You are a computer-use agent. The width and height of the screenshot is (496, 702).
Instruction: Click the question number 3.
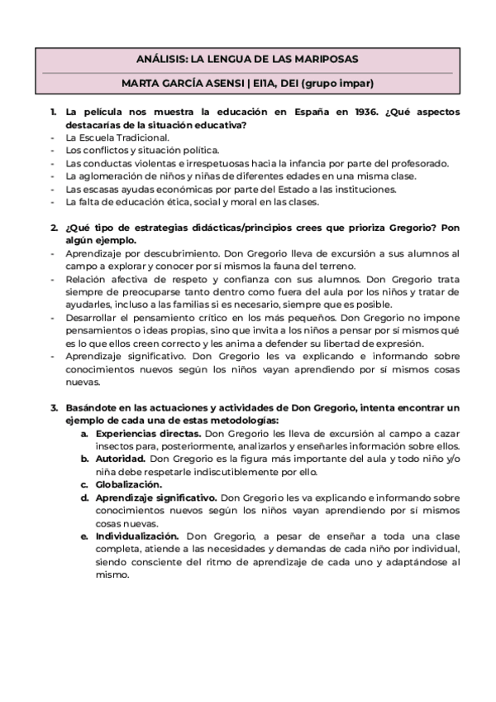[x=53, y=407]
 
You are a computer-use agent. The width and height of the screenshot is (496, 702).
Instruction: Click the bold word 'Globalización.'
[x=129, y=484]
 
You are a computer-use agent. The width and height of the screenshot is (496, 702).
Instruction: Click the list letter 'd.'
[x=84, y=498]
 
